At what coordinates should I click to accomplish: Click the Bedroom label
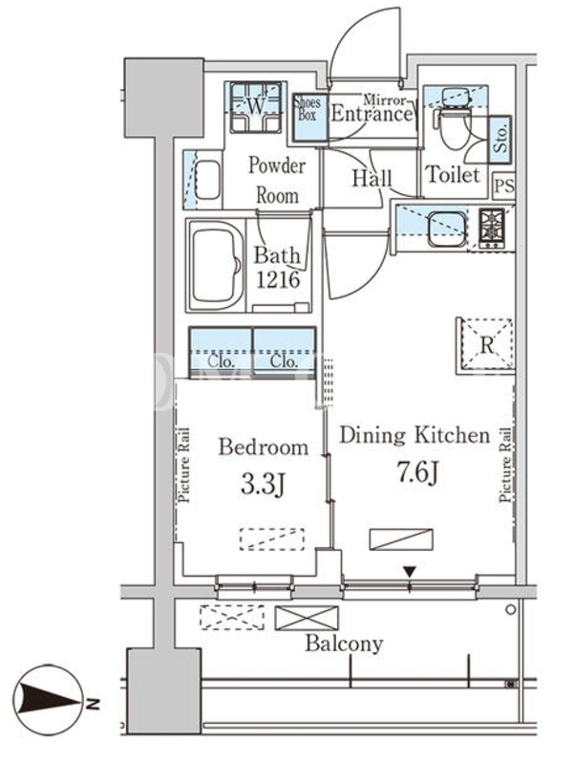tap(264, 447)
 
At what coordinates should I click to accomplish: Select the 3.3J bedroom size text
tap(263, 485)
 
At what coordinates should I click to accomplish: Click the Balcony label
tap(344, 644)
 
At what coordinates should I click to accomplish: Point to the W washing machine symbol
tap(256, 107)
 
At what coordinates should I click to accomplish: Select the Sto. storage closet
tap(499, 139)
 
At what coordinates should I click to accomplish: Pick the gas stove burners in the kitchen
tap(491, 229)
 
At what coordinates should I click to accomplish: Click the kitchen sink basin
tap(446, 229)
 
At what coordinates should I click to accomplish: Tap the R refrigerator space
tap(486, 346)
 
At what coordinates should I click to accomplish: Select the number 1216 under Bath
tap(277, 279)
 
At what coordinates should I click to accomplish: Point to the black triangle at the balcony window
tap(410, 571)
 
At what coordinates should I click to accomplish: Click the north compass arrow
tap(49, 702)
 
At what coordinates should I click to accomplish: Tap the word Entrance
tap(371, 114)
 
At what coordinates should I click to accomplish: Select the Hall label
tap(371, 178)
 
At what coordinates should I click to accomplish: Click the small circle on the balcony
tap(510, 609)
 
